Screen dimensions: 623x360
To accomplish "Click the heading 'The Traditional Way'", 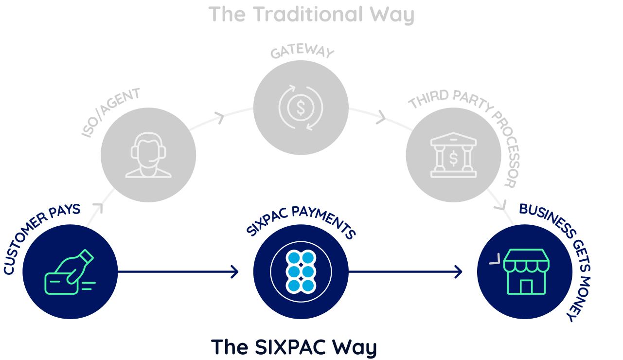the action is click(311, 15).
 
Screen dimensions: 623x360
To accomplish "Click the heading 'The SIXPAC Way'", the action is click(294, 347).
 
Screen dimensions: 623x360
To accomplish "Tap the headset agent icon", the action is click(148, 155).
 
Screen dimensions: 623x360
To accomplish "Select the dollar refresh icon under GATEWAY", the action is click(301, 108).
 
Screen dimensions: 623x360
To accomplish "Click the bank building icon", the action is click(453, 155).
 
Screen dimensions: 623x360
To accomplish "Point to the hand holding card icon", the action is click(70, 272).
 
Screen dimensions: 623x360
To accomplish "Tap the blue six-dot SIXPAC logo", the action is click(301, 272).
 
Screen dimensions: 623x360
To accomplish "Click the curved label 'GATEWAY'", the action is click(302, 51).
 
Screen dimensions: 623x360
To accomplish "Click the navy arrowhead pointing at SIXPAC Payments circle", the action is click(235, 272).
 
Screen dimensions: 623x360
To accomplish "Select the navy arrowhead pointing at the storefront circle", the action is click(459, 272).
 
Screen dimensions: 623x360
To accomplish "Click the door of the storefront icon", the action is click(526, 287).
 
